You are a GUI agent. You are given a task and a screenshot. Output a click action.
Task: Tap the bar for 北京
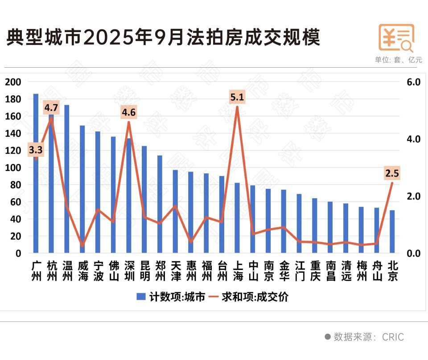[392, 232]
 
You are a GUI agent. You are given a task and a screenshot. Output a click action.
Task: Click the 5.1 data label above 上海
[237, 97]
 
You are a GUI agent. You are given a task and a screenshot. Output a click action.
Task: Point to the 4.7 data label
[51, 108]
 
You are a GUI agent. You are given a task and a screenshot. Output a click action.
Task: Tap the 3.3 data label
[36, 150]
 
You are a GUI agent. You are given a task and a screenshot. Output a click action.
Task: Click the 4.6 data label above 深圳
[129, 112]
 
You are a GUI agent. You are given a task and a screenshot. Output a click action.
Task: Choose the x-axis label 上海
[237, 271]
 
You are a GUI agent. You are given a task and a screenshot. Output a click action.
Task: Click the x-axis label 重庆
[315, 271]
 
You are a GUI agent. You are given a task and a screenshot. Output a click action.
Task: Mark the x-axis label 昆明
[144, 271]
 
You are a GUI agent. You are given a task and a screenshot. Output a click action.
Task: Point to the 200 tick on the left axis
[13, 82]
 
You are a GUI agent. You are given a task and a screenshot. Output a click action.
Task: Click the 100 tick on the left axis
[13, 168]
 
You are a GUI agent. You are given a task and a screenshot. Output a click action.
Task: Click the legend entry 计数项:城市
[171, 297]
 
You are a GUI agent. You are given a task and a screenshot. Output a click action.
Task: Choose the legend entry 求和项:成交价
[250, 297]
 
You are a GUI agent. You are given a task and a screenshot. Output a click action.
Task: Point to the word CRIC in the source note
[393, 337]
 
